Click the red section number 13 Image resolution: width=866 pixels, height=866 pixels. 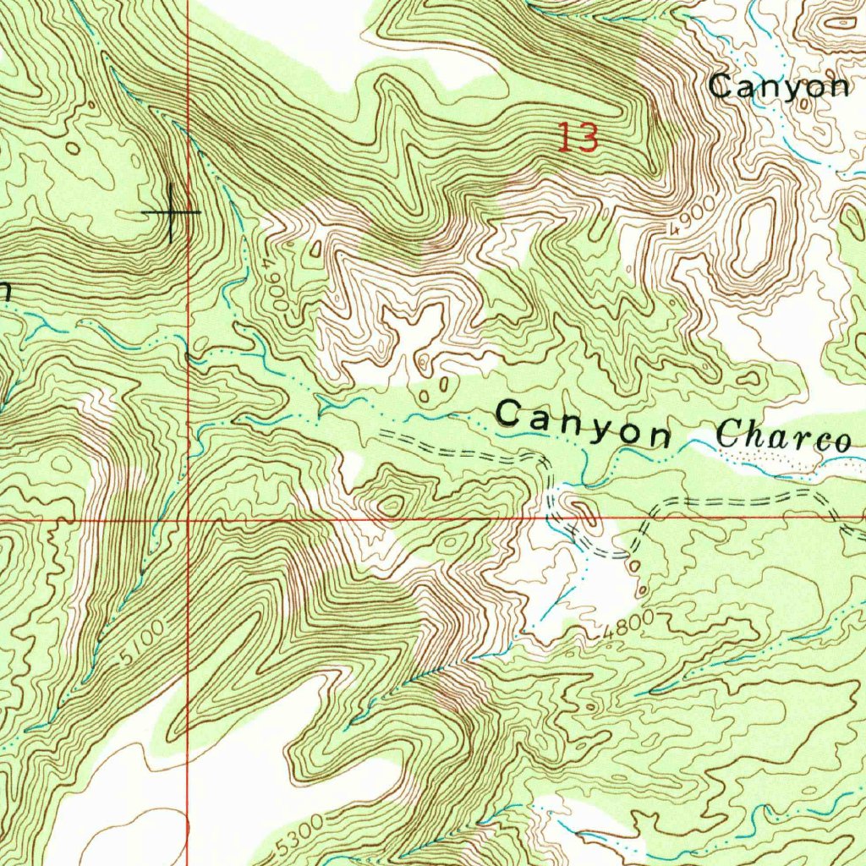click(x=578, y=137)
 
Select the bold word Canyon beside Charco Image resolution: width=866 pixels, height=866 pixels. click(x=584, y=425)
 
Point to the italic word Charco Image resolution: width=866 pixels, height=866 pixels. click(x=783, y=437)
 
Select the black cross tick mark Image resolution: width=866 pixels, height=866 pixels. click(x=172, y=211)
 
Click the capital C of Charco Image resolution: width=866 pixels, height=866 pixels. click(x=729, y=436)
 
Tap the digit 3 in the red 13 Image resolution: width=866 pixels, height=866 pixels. click(x=588, y=137)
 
